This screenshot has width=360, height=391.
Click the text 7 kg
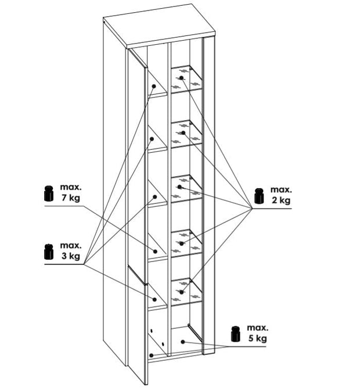[70, 198]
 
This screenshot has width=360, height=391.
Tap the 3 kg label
[70, 256]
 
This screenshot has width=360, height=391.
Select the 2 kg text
[281, 200]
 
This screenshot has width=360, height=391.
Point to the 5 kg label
[258, 338]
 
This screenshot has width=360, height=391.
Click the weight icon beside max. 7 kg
[49, 193]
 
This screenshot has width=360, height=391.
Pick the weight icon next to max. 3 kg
[49, 252]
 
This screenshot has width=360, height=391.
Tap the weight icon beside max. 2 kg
[260, 196]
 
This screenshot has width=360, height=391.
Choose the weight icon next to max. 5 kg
[236, 333]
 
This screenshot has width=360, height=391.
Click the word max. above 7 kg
[71, 186]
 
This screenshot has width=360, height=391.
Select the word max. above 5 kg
[258, 328]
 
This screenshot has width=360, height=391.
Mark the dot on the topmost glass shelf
[181, 78]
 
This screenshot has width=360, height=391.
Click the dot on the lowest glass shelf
[181, 292]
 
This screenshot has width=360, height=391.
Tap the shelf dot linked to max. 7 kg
[155, 252]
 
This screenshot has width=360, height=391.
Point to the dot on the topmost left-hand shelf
[154, 87]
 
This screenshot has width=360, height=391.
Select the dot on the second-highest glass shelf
[183, 132]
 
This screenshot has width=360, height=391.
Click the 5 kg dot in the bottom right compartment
[183, 342]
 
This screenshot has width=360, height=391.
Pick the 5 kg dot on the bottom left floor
[151, 356]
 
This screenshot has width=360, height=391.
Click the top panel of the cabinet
[159, 26]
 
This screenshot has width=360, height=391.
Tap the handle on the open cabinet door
[136, 275]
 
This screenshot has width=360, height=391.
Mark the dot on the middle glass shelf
[179, 186]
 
